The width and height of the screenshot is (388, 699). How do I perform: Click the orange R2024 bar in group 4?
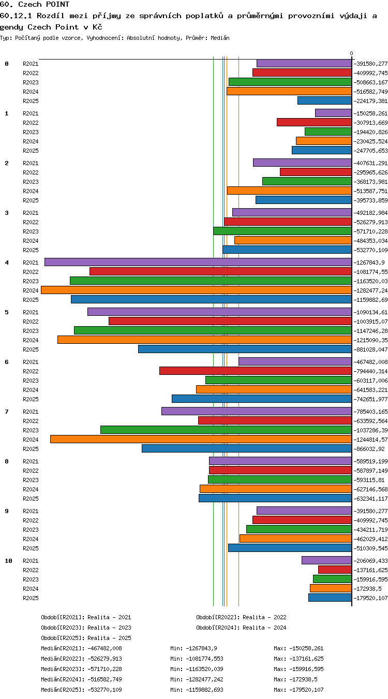click(197, 290)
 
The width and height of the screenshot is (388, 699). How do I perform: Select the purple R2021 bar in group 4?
click(198, 262)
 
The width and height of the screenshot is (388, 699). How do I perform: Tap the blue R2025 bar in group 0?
click(325, 100)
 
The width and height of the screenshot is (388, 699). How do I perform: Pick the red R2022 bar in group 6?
click(256, 371)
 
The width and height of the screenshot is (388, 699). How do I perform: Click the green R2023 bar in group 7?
click(226, 430)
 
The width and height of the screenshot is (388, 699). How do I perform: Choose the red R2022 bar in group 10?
click(335, 570)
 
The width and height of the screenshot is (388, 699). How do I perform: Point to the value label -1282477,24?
click(370, 290)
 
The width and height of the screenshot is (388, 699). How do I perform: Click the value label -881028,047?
click(370, 349)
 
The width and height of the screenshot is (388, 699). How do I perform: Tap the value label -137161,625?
click(370, 570)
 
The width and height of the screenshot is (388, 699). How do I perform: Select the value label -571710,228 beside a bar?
click(370, 231)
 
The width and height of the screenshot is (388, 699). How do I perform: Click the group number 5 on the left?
click(7, 312)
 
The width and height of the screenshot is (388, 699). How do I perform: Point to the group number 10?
click(8, 561)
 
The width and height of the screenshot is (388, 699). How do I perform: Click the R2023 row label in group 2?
click(31, 182)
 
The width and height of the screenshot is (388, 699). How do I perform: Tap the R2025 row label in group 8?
click(31, 499)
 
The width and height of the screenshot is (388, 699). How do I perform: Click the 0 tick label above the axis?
click(351, 54)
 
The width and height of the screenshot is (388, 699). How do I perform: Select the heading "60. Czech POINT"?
click(35, 4)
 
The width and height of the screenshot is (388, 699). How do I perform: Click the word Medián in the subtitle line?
click(220, 38)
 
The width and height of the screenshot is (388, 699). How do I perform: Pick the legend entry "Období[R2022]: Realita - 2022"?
click(241, 617)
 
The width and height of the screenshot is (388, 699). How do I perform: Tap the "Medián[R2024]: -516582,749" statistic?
click(81, 679)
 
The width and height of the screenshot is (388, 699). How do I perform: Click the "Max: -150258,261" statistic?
click(299, 648)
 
